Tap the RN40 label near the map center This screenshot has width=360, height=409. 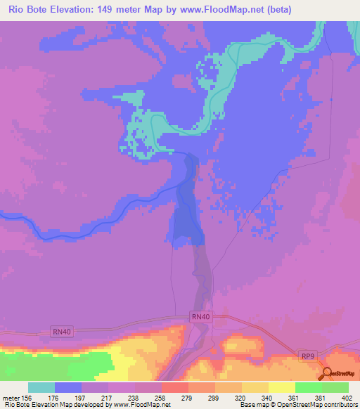tap(200, 317)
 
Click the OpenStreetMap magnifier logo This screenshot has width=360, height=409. tap(327, 374)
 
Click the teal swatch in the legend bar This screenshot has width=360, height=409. tap(41, 387)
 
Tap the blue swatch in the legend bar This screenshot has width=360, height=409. tap(68, 387)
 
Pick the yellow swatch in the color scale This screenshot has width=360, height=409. tap(281, 387)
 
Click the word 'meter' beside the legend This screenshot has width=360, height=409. tap(11, 397)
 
